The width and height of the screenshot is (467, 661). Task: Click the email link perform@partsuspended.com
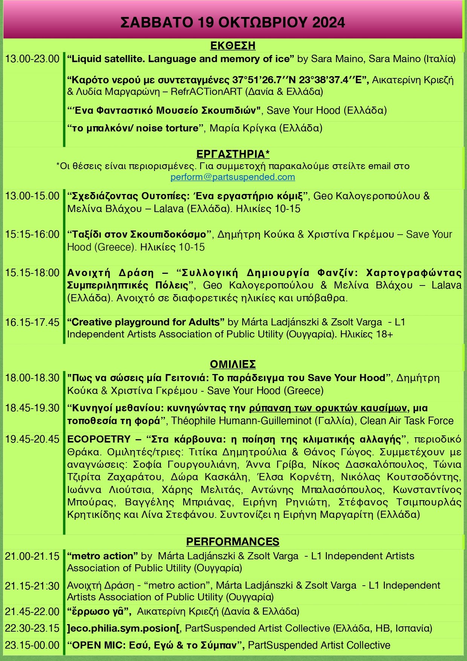click(232, 177)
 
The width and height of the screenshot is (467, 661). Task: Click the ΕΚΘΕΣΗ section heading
click(233, 46)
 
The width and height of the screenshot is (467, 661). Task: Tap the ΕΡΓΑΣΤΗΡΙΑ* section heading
click(233, 154)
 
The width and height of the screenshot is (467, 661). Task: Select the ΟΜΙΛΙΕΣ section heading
click(233, 364)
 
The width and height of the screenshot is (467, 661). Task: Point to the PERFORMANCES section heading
click(233, 542)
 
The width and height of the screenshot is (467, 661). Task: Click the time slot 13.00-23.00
click(32, 59)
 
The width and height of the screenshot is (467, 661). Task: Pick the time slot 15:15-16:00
click(32, 234)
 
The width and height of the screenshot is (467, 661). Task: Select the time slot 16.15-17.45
click(32, 322)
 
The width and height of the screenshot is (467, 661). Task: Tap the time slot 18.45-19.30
click(32, 408)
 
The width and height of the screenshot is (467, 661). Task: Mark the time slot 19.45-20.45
click(32, 439)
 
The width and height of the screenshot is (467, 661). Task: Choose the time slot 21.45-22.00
click(32, 612)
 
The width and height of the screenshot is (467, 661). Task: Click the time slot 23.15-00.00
click(32, 645)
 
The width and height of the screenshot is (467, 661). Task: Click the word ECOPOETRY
click(99, 439)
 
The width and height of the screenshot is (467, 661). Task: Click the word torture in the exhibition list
click(182, 128)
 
